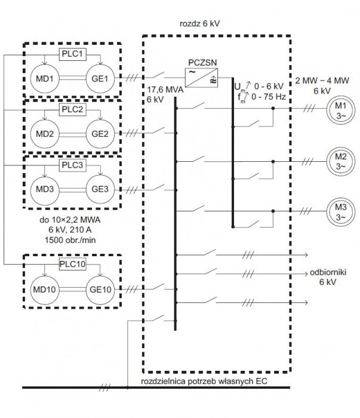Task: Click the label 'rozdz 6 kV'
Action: pyautogui.click(x=199, y=24)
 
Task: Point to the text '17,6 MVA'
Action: pyautogui.click(x=165, y=90)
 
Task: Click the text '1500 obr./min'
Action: pyautogui.click(x=70, y=240)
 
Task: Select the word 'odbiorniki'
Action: pyautogui.click(x=328, y=272)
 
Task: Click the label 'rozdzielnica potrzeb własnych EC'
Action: pyautogui.click(x=204, y=381)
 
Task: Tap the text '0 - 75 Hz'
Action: pyautogui.click(x=268, y=97)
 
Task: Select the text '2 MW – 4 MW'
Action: pyautogui.click(x=322, y=81)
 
